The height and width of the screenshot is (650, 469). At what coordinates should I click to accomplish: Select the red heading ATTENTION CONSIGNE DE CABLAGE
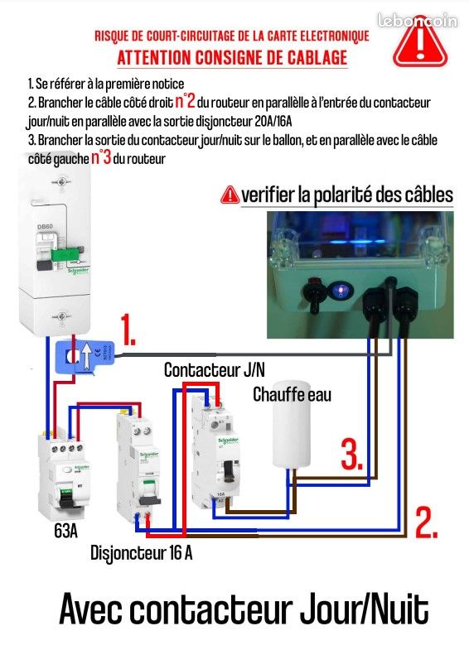coord(231,59)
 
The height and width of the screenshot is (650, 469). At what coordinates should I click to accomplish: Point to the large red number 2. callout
coord(425,522)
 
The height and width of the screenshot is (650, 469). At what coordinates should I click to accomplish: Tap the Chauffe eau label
coord(292,395)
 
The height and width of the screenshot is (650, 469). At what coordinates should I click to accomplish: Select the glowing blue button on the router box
coord(339,291)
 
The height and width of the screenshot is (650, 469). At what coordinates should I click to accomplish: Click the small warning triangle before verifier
coord(229,195)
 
